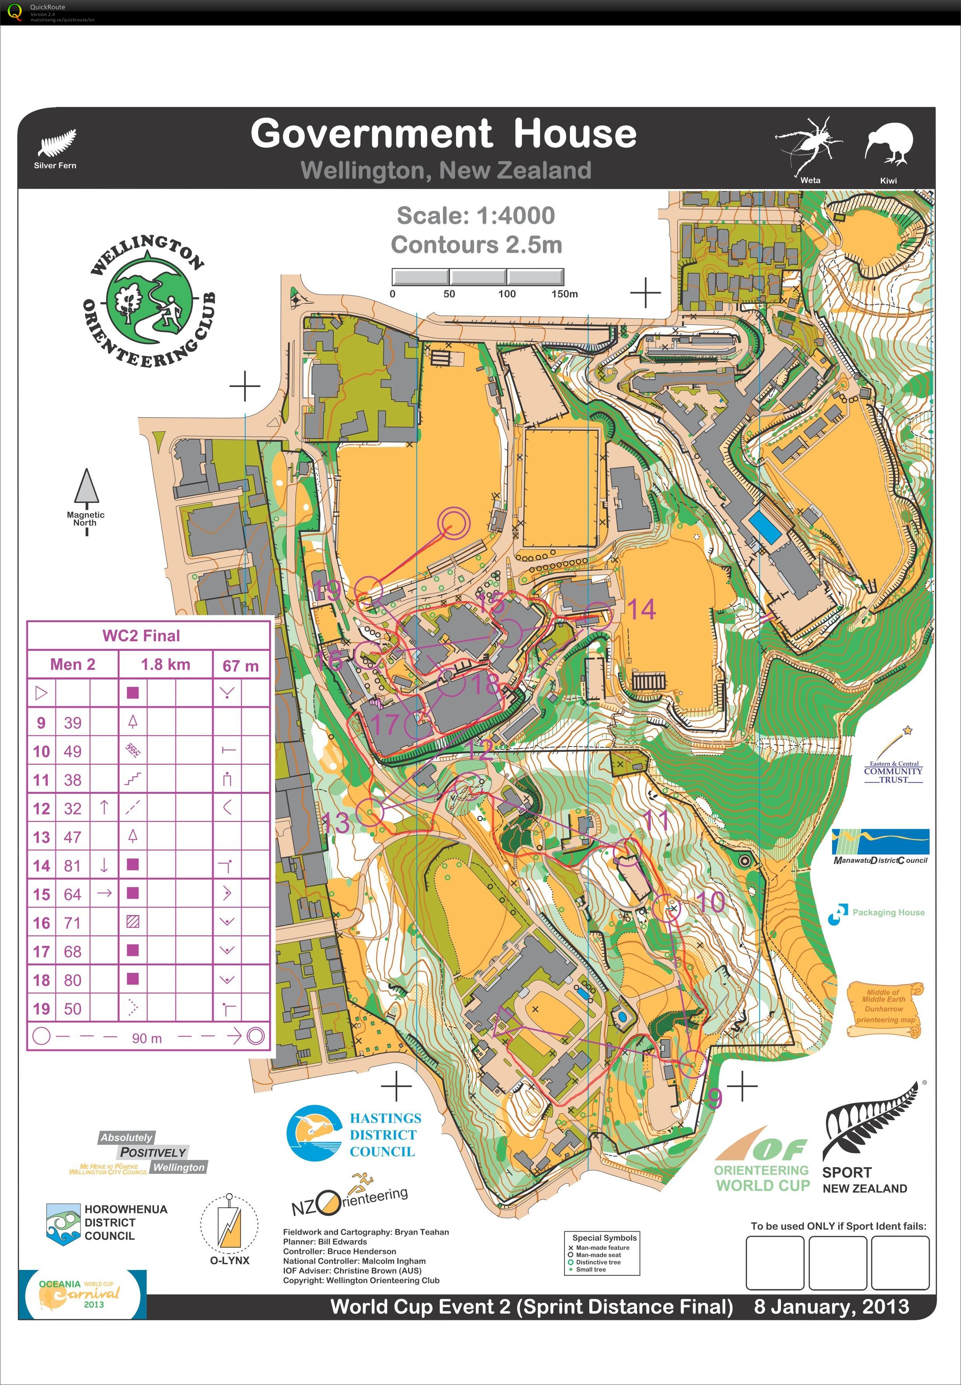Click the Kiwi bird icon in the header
(x=889, y=144)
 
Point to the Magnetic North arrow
(x=86, y=488)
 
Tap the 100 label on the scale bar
(x=506, y=294)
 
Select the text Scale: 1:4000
(x=476, y=216)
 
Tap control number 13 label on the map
(x=335, y=823)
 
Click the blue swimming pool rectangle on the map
(x=765, y=528)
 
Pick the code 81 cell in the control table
(x=72, y=866)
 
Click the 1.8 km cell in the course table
(x=166, y=664)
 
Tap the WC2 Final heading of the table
(x=141, y=636)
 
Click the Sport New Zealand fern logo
(x=867, y=1139)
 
